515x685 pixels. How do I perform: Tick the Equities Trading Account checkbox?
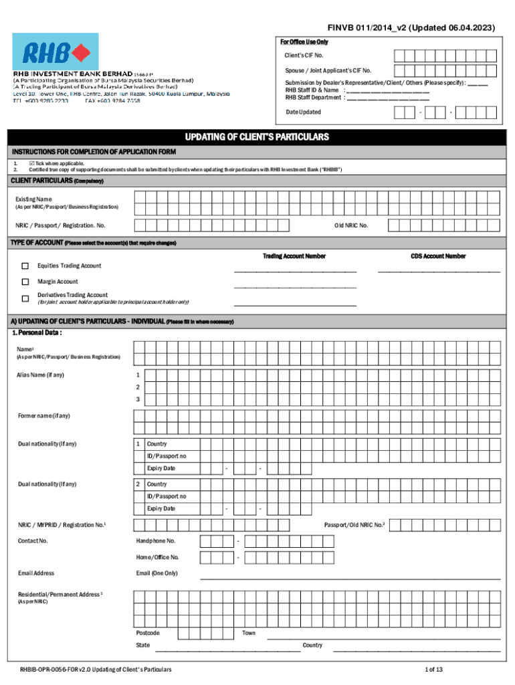pyautogui.click(x=25, y=266)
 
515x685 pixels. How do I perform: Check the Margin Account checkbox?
pyautogui.click(x=25, y=282)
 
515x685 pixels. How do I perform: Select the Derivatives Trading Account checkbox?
pyautogui.click(x=25, y=298)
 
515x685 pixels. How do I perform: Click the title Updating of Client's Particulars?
pyautogui.click(x=257, y=137)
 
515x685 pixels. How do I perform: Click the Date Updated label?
pyautogui.click(x=303, y=112)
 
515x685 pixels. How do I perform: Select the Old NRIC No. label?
pyautogui.click(x=351, y=225)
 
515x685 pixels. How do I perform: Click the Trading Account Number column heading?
pyautogui.click(x=294, y=256)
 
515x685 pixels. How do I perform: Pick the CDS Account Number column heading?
pyautogui.click(x=438, y=256)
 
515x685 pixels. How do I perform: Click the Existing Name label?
pyautogui.click(x=33, y=199)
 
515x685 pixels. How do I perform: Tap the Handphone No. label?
pyautogui.click(x=156, y=541)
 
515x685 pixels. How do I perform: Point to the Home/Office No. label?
pyautogui.click(x=157, y=557)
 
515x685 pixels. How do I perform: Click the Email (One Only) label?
pyautogui.click(x=157, y=573)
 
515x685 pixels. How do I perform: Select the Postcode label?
pyautogui.click(x=147, y=633)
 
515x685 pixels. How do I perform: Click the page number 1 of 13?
pyautogui.click(x=434, y=670)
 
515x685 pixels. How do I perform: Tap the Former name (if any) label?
pyautogui.click(x=43, y=416)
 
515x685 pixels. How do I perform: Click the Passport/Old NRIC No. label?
pyautogui.click(x=354, y=525)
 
